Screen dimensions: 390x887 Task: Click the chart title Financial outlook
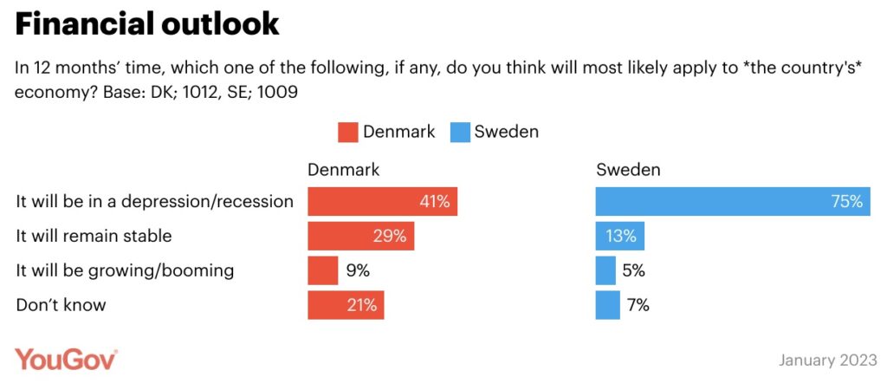(147, 24)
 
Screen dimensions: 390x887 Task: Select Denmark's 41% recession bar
(382, 202)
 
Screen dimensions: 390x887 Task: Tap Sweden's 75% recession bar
(732, 202)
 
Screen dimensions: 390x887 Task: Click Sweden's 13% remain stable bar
(619, 236)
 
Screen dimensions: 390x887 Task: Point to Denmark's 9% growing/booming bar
(322, 270)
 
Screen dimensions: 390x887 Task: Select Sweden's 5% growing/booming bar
(605, 270)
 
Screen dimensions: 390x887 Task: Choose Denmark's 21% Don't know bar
(346, 304)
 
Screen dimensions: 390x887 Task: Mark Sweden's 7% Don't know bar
(607, 304)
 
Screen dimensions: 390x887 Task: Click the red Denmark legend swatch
(347, 133)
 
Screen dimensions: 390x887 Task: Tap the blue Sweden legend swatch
(459, 133)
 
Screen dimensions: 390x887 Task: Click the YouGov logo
(66, 359)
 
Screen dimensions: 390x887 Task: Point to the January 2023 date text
(827, 360)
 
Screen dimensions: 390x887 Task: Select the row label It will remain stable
(94, 236)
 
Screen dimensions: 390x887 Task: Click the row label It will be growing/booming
(125, 270)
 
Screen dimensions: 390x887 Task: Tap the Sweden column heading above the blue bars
(628, 170)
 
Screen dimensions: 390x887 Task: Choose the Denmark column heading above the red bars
(344, 170)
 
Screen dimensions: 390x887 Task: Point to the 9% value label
(358, 270)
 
